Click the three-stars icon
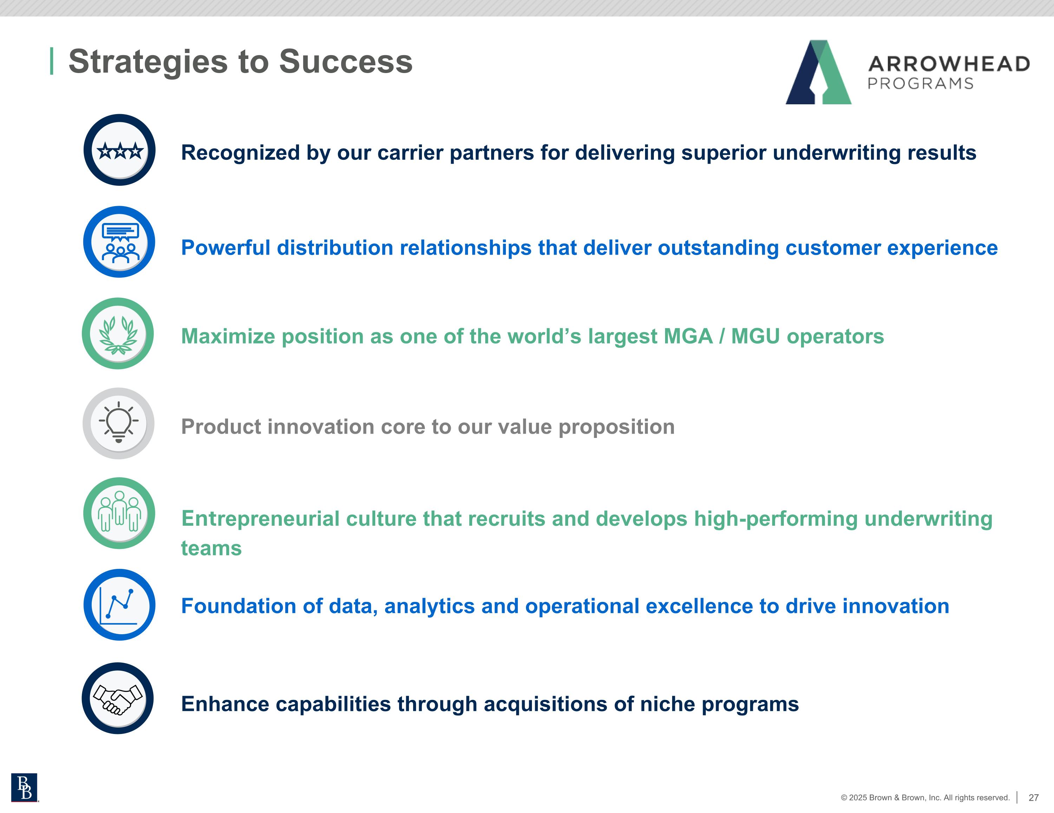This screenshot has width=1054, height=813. (x=120, y=151)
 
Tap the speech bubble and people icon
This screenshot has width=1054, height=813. (x=120, y=243)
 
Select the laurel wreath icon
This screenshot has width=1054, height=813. (x=118, y=335)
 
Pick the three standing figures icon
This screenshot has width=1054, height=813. (x=119, y=511)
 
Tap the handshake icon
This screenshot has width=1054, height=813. (x=118, y=699)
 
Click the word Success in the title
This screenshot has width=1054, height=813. (x=346, y=62)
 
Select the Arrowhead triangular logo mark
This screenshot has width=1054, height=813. (x=819, y=72)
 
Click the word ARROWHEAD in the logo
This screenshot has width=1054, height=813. (x=949, y=64)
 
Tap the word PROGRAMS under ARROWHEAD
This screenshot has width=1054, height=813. (x=920, y=84)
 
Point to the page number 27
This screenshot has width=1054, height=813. (x=1033, y=798)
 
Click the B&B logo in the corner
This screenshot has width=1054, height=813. (x=24, y=787)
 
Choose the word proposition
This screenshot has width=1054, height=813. (x=616, y=427)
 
